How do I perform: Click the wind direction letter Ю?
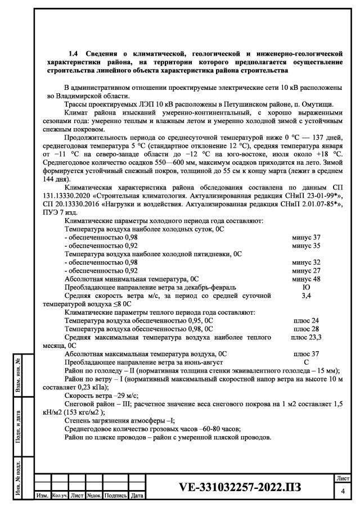coord(307,286)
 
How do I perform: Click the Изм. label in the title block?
coord(42,496)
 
